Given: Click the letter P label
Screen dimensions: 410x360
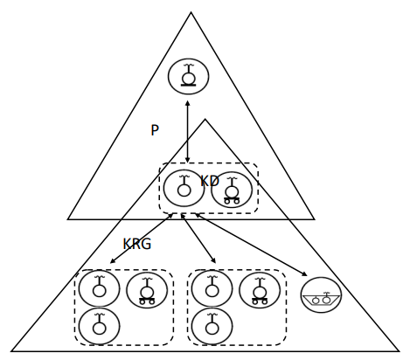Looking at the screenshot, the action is click(x=155, y=130).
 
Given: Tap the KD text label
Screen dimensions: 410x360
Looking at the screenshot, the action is click(x=210, y=181).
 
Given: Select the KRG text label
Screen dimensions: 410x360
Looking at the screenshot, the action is click(x=137, y=244).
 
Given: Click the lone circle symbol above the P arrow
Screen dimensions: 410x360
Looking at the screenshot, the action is click(x=189, y=77).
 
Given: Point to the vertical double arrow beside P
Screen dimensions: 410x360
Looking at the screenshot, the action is click(x=187, y=132).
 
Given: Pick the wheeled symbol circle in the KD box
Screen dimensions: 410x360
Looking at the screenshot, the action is click(x=232, y=190).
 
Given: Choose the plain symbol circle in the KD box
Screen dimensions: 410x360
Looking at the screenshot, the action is click(x=184, y=188).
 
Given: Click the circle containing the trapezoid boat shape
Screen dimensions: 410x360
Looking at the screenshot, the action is click(x=321, y=295).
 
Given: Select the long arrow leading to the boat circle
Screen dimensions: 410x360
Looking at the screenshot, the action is click(x=251, y=245).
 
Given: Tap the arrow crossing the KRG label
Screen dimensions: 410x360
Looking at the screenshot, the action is click(x=142, y=239).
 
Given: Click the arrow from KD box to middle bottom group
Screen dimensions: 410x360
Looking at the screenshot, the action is click(x=198, y=239).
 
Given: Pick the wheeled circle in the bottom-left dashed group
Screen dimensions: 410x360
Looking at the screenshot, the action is click(x=147, y=290).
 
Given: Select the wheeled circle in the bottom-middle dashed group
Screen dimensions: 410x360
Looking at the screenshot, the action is click(x=260, y=290).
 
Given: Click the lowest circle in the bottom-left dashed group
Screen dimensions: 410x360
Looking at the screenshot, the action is click(x=100, y=326).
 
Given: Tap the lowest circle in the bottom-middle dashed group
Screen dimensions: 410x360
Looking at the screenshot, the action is click(x=212, y=326).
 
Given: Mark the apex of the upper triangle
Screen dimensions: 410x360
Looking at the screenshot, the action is click(x=191, y=12).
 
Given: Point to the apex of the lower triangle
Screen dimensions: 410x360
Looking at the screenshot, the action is click(x=205, y=119).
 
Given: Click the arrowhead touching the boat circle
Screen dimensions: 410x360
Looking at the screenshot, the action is click(x=304, y=274).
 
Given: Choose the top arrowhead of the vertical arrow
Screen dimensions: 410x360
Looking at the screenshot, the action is click(x=187, y=103).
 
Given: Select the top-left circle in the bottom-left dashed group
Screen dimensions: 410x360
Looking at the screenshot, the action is click(x=100, y=288).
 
